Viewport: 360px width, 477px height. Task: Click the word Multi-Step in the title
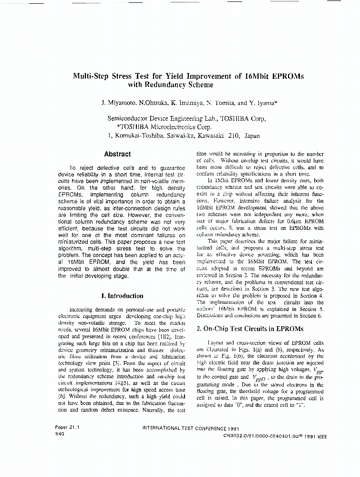pos(91,76)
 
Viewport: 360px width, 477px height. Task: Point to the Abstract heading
pos(117,154)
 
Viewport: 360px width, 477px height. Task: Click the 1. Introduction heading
pos(122,296)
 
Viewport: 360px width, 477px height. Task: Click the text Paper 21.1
pos(67,428)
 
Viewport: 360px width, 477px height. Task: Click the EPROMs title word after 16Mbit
pos(284,76)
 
